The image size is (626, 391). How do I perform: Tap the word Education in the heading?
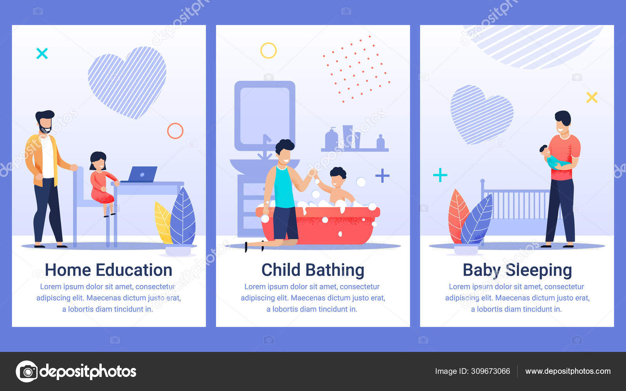[x=134, y=270]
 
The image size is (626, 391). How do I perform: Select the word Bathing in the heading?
[x=335, y=271]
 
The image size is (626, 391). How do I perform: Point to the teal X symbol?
[x=42, y=53]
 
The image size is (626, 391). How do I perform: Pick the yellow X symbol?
[x=592, y=97]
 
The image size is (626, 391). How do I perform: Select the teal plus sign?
[x=440, y=175]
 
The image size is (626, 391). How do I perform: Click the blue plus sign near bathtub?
[x=382, y=176]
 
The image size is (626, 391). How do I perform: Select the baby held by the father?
[x=553, y=158]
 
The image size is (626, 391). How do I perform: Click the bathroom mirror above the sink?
[x=264, y=116]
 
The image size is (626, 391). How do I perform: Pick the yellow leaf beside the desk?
[x=164, y=222]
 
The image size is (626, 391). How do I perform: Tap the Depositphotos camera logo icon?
[x=27, y=371]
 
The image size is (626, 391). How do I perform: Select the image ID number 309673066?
[x=491, y=371]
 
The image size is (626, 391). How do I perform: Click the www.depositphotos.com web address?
[x=568, y=371]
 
